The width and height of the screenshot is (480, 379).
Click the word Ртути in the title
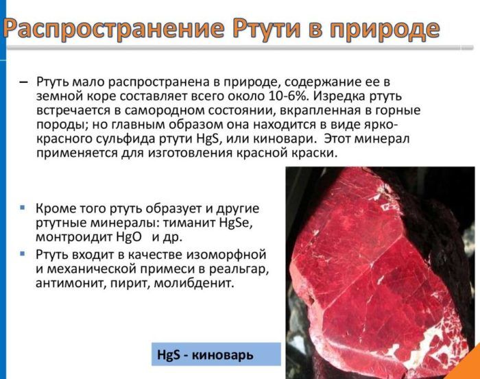pos(266,29)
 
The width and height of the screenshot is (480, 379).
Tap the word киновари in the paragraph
pos(284,139)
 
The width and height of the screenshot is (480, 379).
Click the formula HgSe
pos(236,223)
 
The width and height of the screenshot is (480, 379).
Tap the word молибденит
pos(194,283)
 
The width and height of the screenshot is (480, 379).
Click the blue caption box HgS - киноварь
pos(216,354)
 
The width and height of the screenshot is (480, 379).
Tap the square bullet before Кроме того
pos(23,208)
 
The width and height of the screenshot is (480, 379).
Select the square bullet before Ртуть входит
pos(23,254)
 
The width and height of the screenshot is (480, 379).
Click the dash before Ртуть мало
pos(23,83)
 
